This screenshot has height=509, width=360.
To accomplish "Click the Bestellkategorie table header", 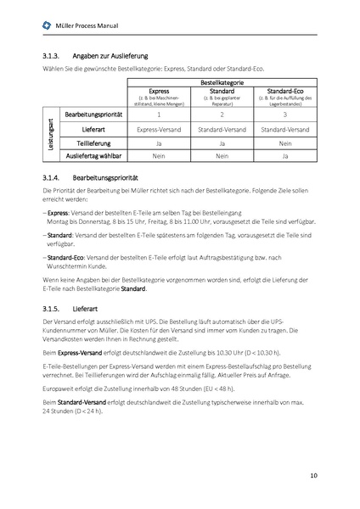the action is coord(222,81).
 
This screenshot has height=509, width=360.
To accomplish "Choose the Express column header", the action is coord(159,89).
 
